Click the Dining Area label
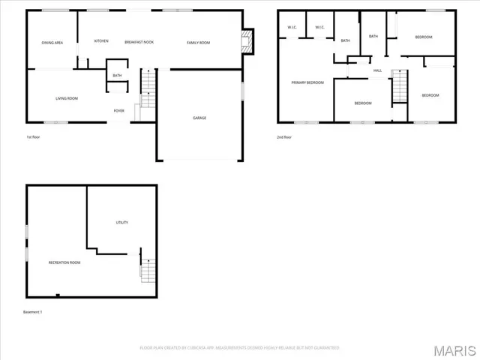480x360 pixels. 52,43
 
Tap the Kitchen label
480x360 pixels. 101,41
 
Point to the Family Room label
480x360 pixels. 198,43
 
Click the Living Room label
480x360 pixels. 67,98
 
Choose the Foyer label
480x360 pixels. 118,110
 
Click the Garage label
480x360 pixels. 199,118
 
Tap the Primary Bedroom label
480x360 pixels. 307,82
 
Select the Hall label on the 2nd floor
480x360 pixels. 378,71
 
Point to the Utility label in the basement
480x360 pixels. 121,223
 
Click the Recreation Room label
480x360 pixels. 64,262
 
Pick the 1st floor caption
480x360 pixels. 34,137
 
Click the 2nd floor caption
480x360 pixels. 283,137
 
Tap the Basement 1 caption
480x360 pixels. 33,311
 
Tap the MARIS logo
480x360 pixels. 449,349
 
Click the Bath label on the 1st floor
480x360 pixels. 117,76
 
